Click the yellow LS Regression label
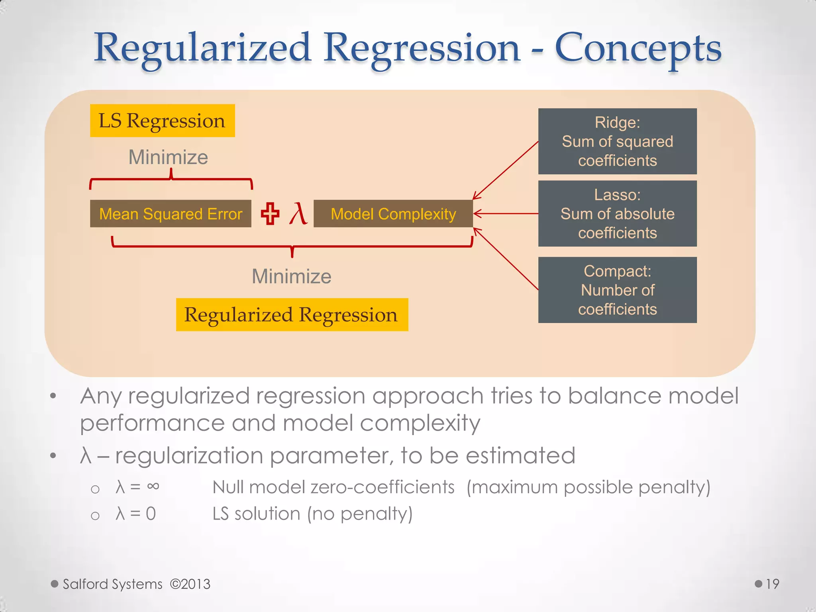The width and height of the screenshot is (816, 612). [x=162, y=121]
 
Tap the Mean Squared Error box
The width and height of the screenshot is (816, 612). [x=171, y=214]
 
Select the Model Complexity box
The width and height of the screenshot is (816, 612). [x=393, y=214]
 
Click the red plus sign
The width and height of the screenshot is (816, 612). [x=270, y=214]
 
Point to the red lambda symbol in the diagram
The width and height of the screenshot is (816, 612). [x=298, y=214]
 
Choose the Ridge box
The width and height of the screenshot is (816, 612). [x=617, y=141]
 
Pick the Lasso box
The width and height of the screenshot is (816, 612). [x=617, y=214]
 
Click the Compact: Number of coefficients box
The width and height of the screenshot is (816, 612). [x=617, y=290]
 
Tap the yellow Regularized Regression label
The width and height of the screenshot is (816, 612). [x=292, y=315]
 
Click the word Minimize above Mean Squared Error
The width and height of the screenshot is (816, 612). [x=168, y=157]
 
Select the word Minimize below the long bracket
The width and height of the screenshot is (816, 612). [x=291, y=277]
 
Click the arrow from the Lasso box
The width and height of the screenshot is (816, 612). [x=506, y=214]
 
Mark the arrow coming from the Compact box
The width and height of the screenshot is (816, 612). [x=506, y=259]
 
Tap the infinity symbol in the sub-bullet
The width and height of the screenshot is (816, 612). [x=153, y=486]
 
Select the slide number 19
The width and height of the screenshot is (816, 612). [x=772, y=584]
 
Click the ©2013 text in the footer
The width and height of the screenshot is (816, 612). [x=190, y=584]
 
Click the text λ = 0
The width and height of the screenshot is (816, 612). [x=135, y=514]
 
